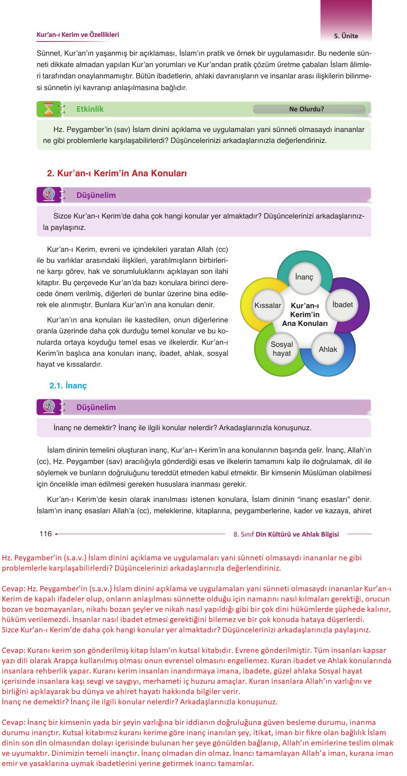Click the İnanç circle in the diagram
coord(304,277)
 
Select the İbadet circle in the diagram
coord(342,305)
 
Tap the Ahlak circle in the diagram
coord(328,349)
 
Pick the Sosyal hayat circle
coord(282,349)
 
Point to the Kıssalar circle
coord(268,305)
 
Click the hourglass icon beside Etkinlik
coord(49,109)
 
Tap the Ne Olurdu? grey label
coord(306,109)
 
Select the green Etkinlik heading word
coord(90,109)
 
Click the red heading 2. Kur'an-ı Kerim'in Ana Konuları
coord(117,173)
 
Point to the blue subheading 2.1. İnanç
coord(68,386)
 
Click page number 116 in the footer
coord(45,534)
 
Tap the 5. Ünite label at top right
coord(346,36)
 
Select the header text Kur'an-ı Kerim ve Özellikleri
coord(78,35)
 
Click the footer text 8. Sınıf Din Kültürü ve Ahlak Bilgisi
coord(286,534)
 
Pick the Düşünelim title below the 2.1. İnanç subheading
coord(96,407)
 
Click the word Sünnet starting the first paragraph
coord(48,54)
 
